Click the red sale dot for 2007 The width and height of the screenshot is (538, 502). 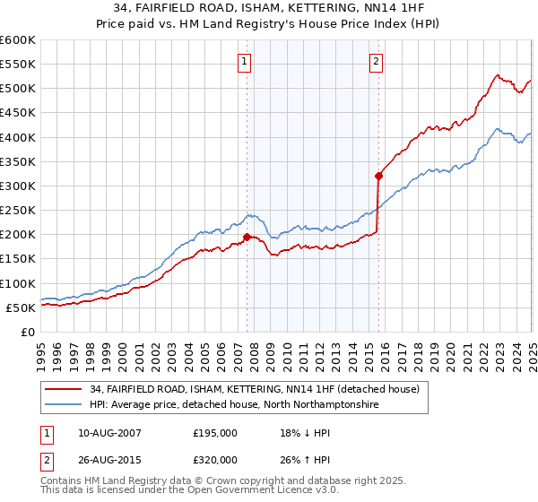point(247,238)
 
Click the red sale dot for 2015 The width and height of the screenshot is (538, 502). point(379,177)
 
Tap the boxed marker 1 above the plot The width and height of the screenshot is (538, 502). point(244,62)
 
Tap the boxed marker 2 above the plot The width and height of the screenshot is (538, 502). point(376,62)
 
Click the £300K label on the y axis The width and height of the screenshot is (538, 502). point(18,186)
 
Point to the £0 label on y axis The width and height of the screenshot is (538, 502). point(27,332)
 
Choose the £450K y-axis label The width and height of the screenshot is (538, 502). point(18,113)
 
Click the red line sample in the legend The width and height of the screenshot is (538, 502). point(63,389)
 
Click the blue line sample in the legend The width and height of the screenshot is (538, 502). point(63,405)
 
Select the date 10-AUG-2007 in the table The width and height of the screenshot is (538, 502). point(110,432)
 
